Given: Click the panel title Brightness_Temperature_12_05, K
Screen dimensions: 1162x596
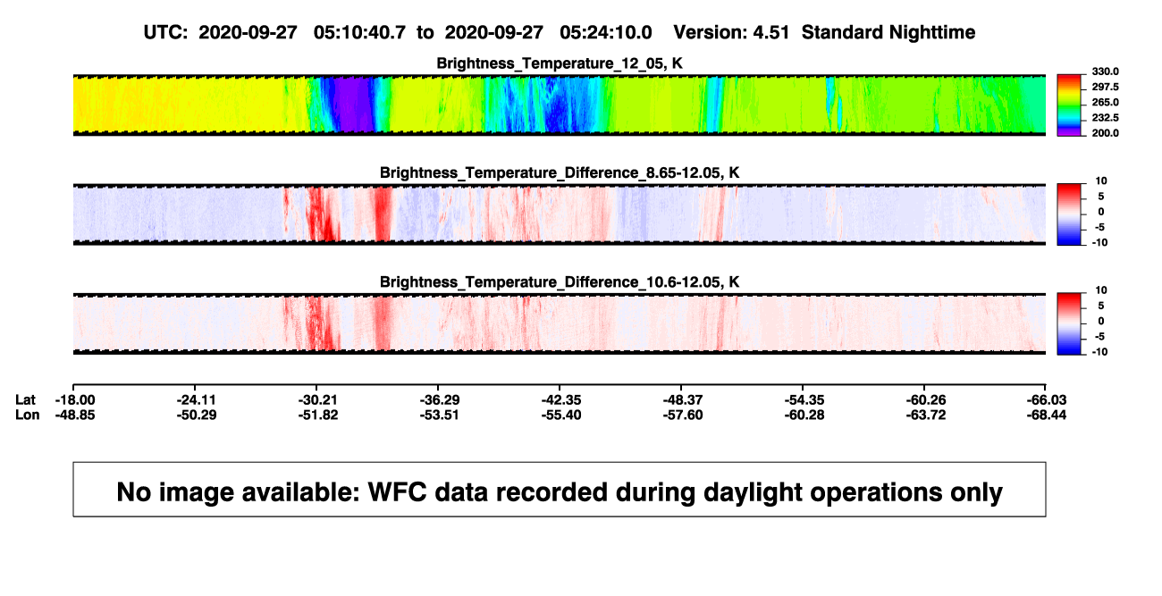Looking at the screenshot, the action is coord(560,63).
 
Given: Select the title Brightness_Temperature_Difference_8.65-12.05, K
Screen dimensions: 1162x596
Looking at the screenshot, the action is coord(560,172).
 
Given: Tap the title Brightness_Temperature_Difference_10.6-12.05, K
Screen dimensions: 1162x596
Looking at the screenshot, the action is coord(560,282).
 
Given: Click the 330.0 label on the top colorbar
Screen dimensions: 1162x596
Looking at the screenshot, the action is coord(1105,71).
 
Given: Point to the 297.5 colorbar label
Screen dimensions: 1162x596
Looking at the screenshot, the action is coord(1105,87).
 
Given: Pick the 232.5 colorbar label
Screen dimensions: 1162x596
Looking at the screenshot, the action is coord(1105,118).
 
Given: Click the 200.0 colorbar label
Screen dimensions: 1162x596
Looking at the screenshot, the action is coord(1105,133).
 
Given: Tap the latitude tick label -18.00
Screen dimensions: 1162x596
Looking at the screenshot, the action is coord(75,400).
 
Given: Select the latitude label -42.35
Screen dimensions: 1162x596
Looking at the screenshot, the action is coord(561,400).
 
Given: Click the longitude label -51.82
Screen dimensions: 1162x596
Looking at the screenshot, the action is coord(318,415).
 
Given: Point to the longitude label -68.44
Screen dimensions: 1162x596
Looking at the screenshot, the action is coord(1047,415).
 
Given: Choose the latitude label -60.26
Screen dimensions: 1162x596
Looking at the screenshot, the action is coord(926,400).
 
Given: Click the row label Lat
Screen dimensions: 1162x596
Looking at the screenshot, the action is coord(25,400).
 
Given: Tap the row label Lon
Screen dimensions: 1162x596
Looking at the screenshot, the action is coord(28,415).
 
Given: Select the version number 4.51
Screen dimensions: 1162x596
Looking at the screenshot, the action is coord(770,33).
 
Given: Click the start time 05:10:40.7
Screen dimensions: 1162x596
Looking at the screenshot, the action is coord(359,33).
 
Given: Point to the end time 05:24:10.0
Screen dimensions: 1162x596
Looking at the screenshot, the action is coord(606,33).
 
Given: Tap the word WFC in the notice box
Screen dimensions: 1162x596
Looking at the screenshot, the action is coord(397,491).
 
